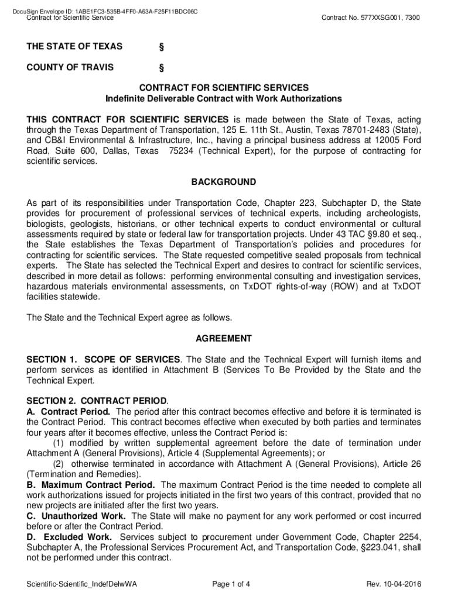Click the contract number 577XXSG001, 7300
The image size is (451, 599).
[371, 18]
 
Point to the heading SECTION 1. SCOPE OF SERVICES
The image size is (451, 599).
[103, 359]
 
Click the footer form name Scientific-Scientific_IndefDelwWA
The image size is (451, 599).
[81, 584]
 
